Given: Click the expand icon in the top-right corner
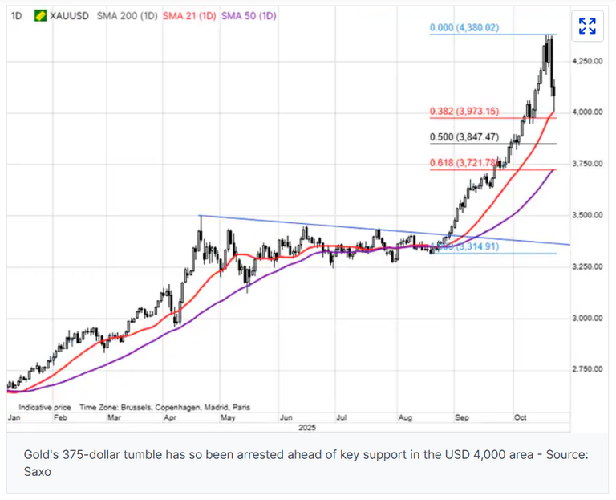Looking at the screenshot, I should click(x=587, y=26).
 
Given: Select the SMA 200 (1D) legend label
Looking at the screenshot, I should click(x=126, y=15).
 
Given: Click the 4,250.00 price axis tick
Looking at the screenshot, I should click(x=588, y=61).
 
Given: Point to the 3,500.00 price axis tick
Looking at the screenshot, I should click(x=588, y=215).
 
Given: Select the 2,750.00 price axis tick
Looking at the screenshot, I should click(x=588, y=369).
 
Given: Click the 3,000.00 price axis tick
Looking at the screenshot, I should click(x=588, y=318).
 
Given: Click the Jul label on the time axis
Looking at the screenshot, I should click(x=342, y=418).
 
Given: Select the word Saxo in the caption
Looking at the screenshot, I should click(x=32, y=473).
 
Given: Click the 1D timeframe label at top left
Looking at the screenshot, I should click(x=16, y=15).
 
